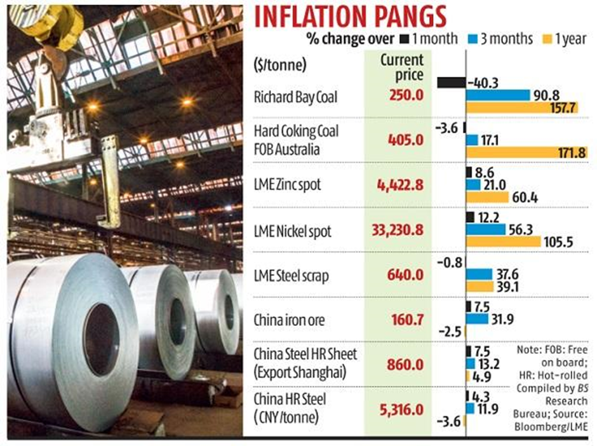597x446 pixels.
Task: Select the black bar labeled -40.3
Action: click(x=452, y=83)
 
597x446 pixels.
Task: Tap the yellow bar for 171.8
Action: click(x=527, y=152)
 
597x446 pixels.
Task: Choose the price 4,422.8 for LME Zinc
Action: click(x=400, y=186)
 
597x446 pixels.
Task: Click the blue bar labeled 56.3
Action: click(x=485, y=229)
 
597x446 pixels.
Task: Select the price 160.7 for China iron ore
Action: click(x=406, y=320)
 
